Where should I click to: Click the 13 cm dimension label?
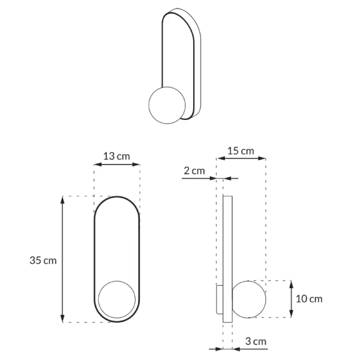117,156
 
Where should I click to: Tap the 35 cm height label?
43,260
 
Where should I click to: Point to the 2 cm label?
194,171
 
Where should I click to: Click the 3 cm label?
256,341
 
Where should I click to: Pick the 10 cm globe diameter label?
309,298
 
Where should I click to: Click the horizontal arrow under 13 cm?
117,163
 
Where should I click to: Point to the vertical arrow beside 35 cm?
63,259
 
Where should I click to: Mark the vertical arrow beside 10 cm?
291,298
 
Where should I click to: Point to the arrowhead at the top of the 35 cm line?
63,200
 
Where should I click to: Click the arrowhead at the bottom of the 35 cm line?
63,319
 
